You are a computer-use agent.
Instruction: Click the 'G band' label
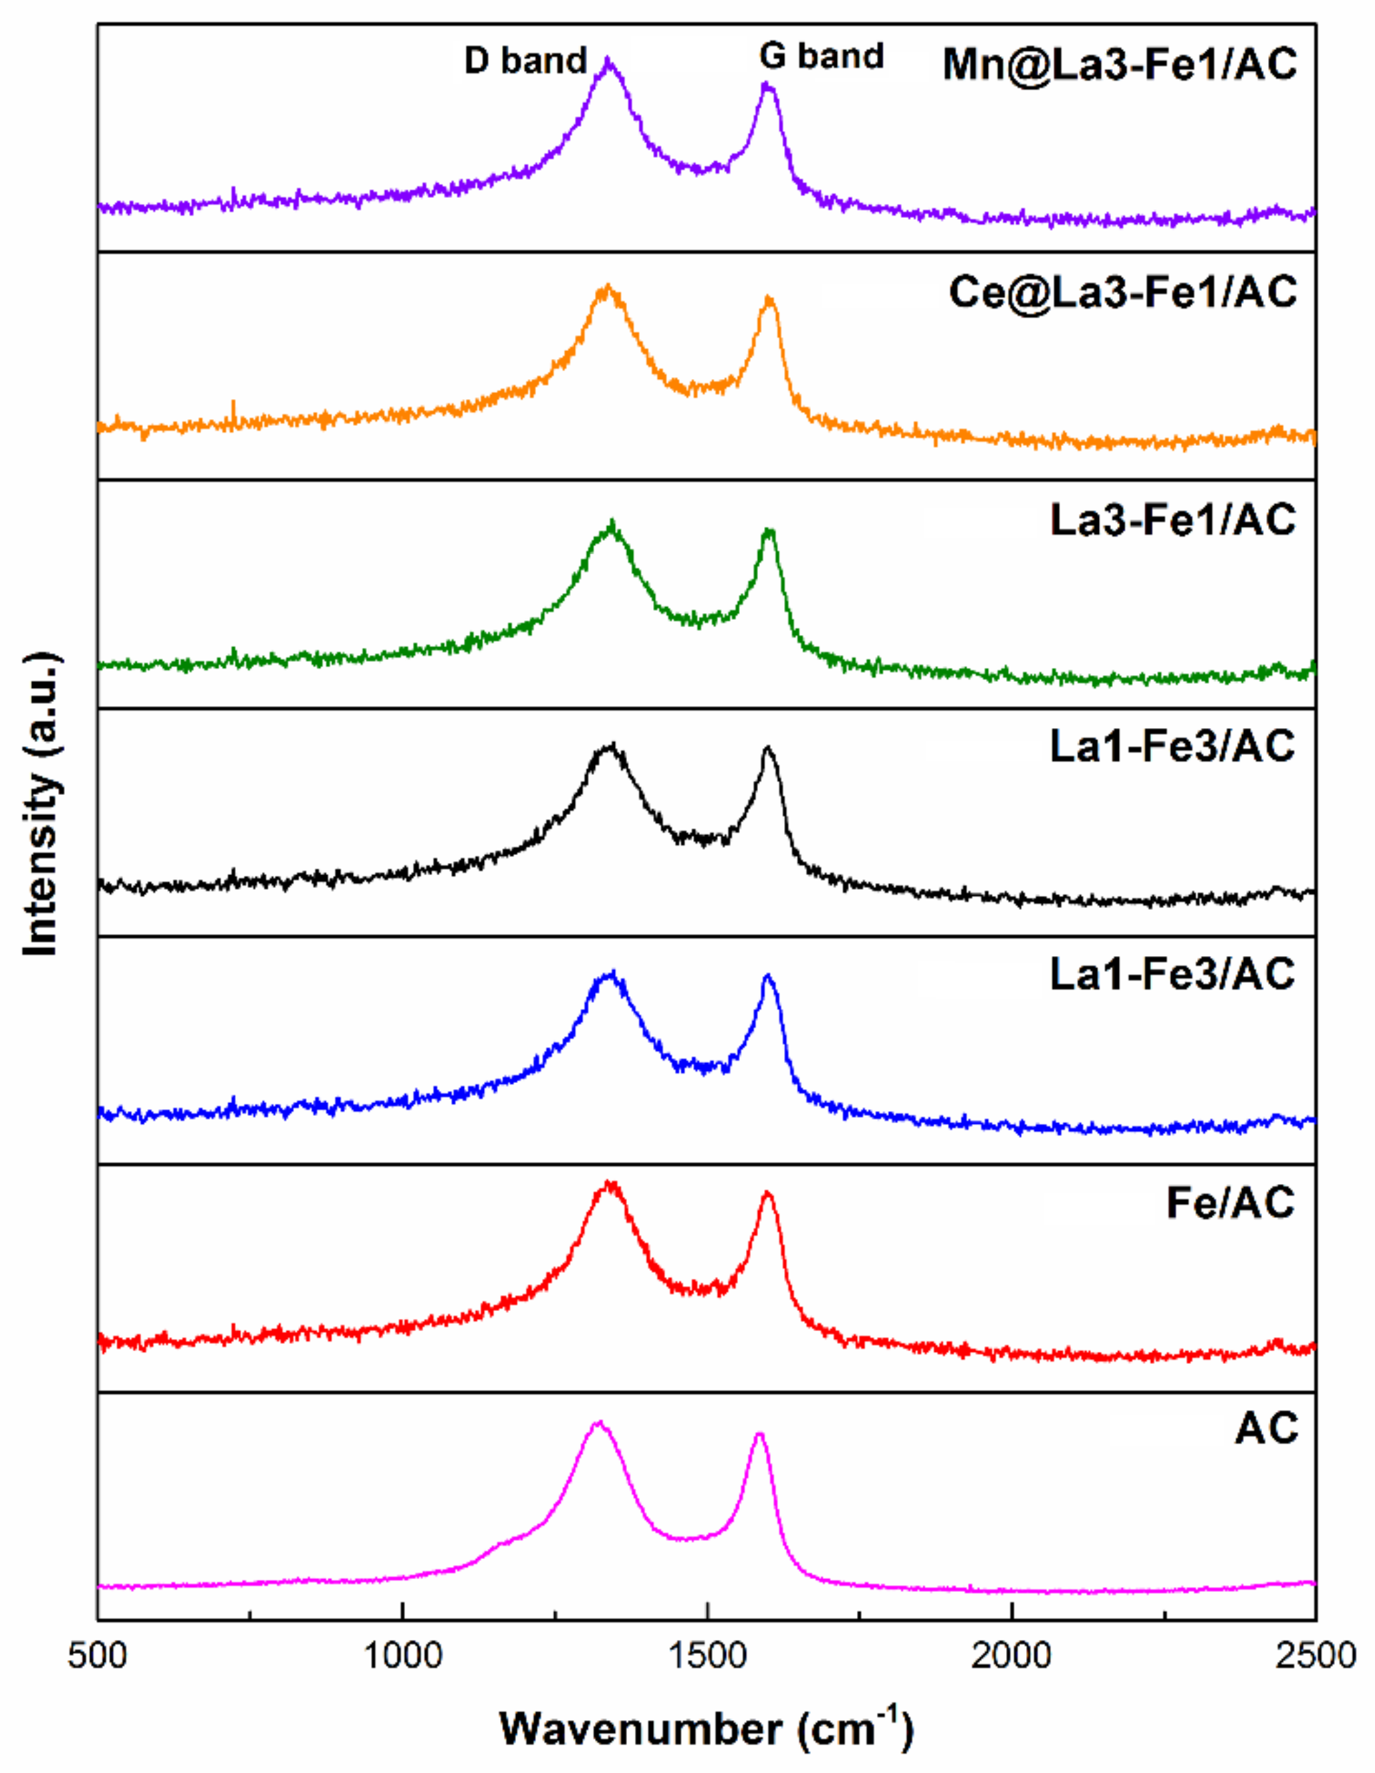coord(821,56)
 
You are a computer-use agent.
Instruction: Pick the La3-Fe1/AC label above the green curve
coord(1173,520)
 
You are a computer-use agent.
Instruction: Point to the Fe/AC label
coord(1230,1202)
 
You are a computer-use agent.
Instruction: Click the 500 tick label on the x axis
coord(98,1654)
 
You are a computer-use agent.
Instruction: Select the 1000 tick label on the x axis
coord(402,1654)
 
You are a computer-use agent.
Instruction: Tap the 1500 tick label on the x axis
coord(708,1654)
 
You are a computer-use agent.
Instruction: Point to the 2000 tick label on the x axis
coord(1012,1654)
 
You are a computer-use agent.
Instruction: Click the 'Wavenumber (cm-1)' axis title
coord(706,1728)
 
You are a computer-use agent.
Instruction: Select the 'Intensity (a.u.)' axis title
coord(41,804)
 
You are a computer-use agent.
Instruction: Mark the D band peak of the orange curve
coord(605,287)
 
